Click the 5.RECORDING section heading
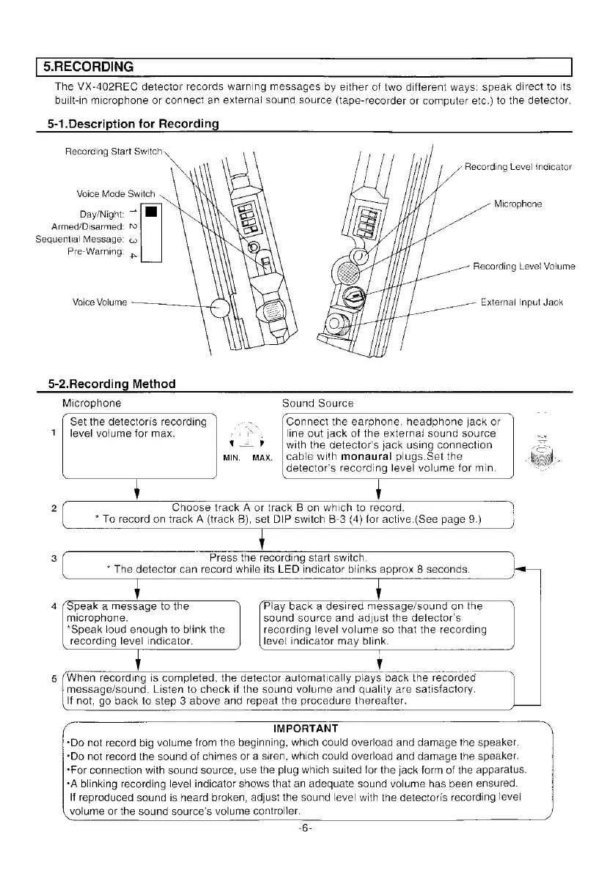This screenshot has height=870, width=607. point(87,67)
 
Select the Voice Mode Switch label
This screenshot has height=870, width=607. point(116,194)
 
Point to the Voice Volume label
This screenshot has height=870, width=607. point(100,302)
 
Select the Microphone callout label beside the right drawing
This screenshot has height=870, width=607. point(518,204)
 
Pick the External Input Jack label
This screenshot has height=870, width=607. point(521,302)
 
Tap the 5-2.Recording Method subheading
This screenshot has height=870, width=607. point(111,384)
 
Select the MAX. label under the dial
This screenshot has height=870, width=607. point(262,459)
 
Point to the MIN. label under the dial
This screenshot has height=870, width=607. point(232,459)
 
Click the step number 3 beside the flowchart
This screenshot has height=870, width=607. point(55,559)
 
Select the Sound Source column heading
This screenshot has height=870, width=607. point(317,404)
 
